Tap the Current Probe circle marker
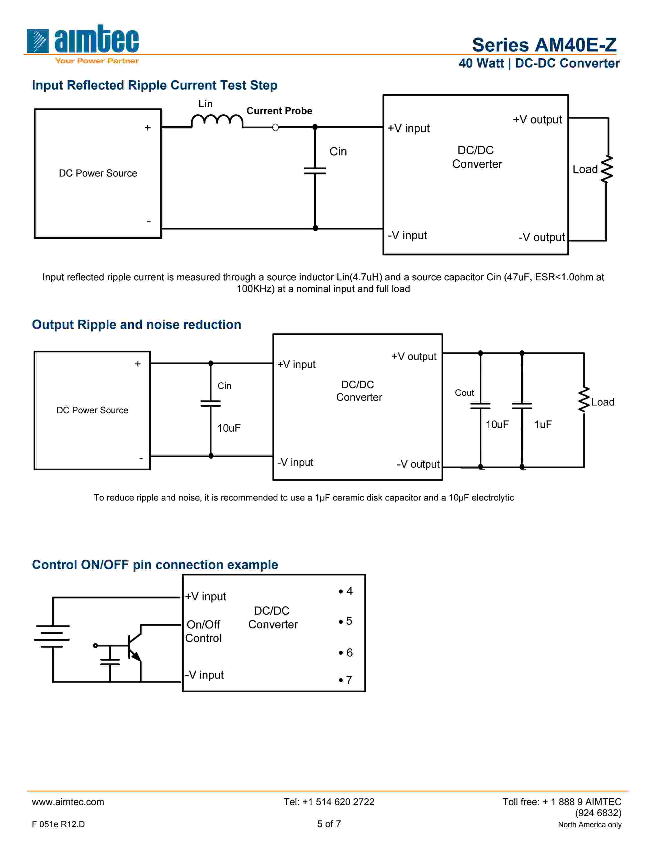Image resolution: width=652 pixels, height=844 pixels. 275,128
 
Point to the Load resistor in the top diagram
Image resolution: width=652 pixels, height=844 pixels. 607,169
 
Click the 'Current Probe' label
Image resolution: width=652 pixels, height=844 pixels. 279,111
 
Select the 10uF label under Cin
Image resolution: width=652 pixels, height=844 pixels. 229,428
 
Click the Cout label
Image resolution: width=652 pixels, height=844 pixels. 464,393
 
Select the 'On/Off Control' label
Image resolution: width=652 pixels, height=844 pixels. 203,631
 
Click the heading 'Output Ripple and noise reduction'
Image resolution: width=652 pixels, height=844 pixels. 136,325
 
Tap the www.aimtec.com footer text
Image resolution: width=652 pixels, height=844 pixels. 68,802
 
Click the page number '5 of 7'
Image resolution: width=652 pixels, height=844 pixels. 329,824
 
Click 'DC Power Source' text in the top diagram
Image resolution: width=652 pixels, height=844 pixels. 98,173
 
